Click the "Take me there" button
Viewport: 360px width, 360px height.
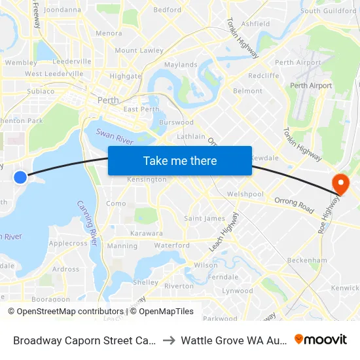pos(180,160)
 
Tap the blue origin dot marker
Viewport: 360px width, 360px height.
pos(20,177)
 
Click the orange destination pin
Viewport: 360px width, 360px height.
pos(340,184)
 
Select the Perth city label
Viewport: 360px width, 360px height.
pos(107,101)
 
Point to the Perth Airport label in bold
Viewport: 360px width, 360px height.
pos(311,86)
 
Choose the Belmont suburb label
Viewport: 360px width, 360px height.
pos(247,91)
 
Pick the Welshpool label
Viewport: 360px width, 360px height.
pos(244,194)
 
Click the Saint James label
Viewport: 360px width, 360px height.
pos(204,219)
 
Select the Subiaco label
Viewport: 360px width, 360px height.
pos(41,91)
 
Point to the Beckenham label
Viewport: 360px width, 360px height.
pos(307,260)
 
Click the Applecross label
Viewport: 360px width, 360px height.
pos(68,243)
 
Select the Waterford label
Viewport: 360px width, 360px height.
pos(171,245)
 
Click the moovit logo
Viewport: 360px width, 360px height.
pos(321,340)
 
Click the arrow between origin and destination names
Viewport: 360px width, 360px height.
pos(167,340)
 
